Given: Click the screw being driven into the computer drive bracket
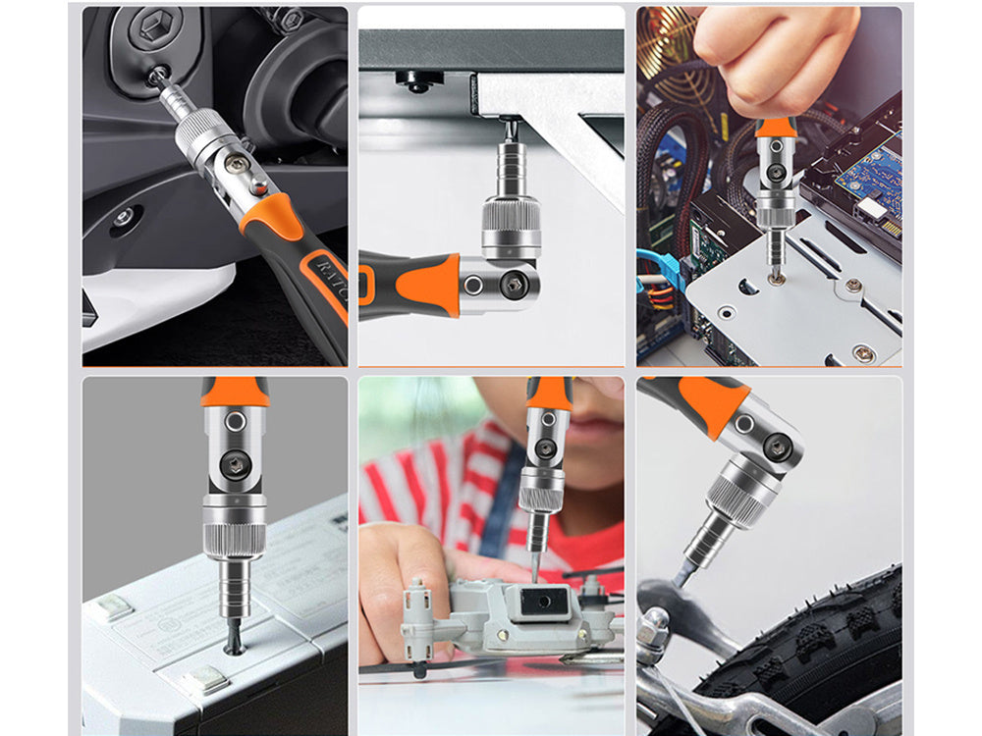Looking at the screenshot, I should (x=777, y=279).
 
